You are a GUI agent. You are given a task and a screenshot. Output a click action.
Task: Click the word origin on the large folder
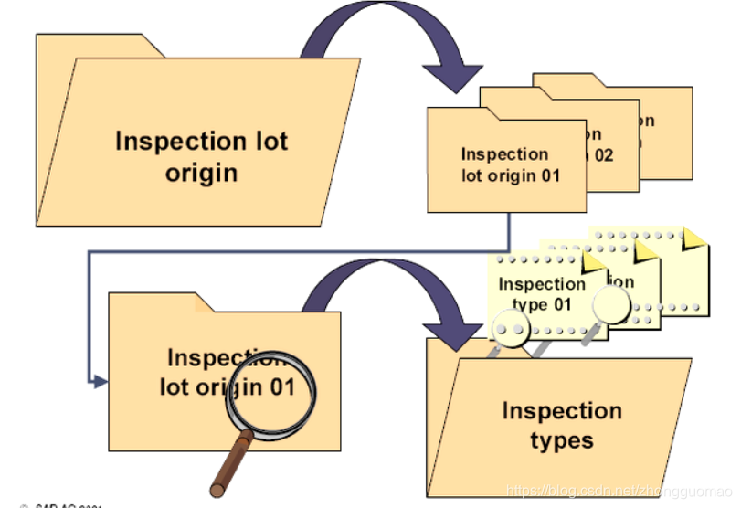pos(201,173)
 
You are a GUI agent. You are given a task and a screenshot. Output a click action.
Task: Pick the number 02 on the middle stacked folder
pos(602,155)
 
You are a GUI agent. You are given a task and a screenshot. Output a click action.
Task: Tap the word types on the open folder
pos(561,440)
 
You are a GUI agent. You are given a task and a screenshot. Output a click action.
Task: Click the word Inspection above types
pos(561,410)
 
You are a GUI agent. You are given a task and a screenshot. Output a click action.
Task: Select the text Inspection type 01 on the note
pos(541,294)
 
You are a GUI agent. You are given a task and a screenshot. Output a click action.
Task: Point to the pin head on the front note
pos(505,328)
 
